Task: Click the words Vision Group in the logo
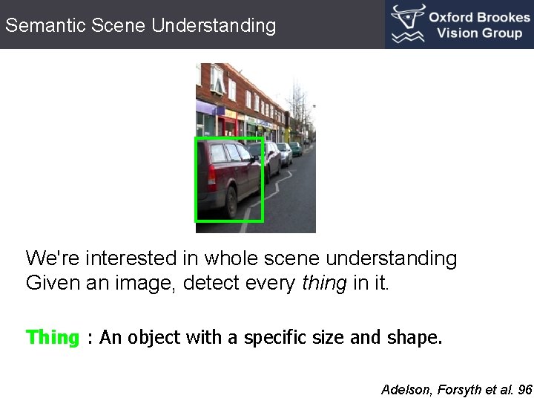(x=479, y=33)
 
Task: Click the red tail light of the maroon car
(x=212, y=176)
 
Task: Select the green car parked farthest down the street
(x=296, y=149)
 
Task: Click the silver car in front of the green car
(x=284, y=154)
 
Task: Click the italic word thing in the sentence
(x=324, y=283)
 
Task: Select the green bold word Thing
(x=53, y=338)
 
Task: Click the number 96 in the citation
(x=525, y=389)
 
